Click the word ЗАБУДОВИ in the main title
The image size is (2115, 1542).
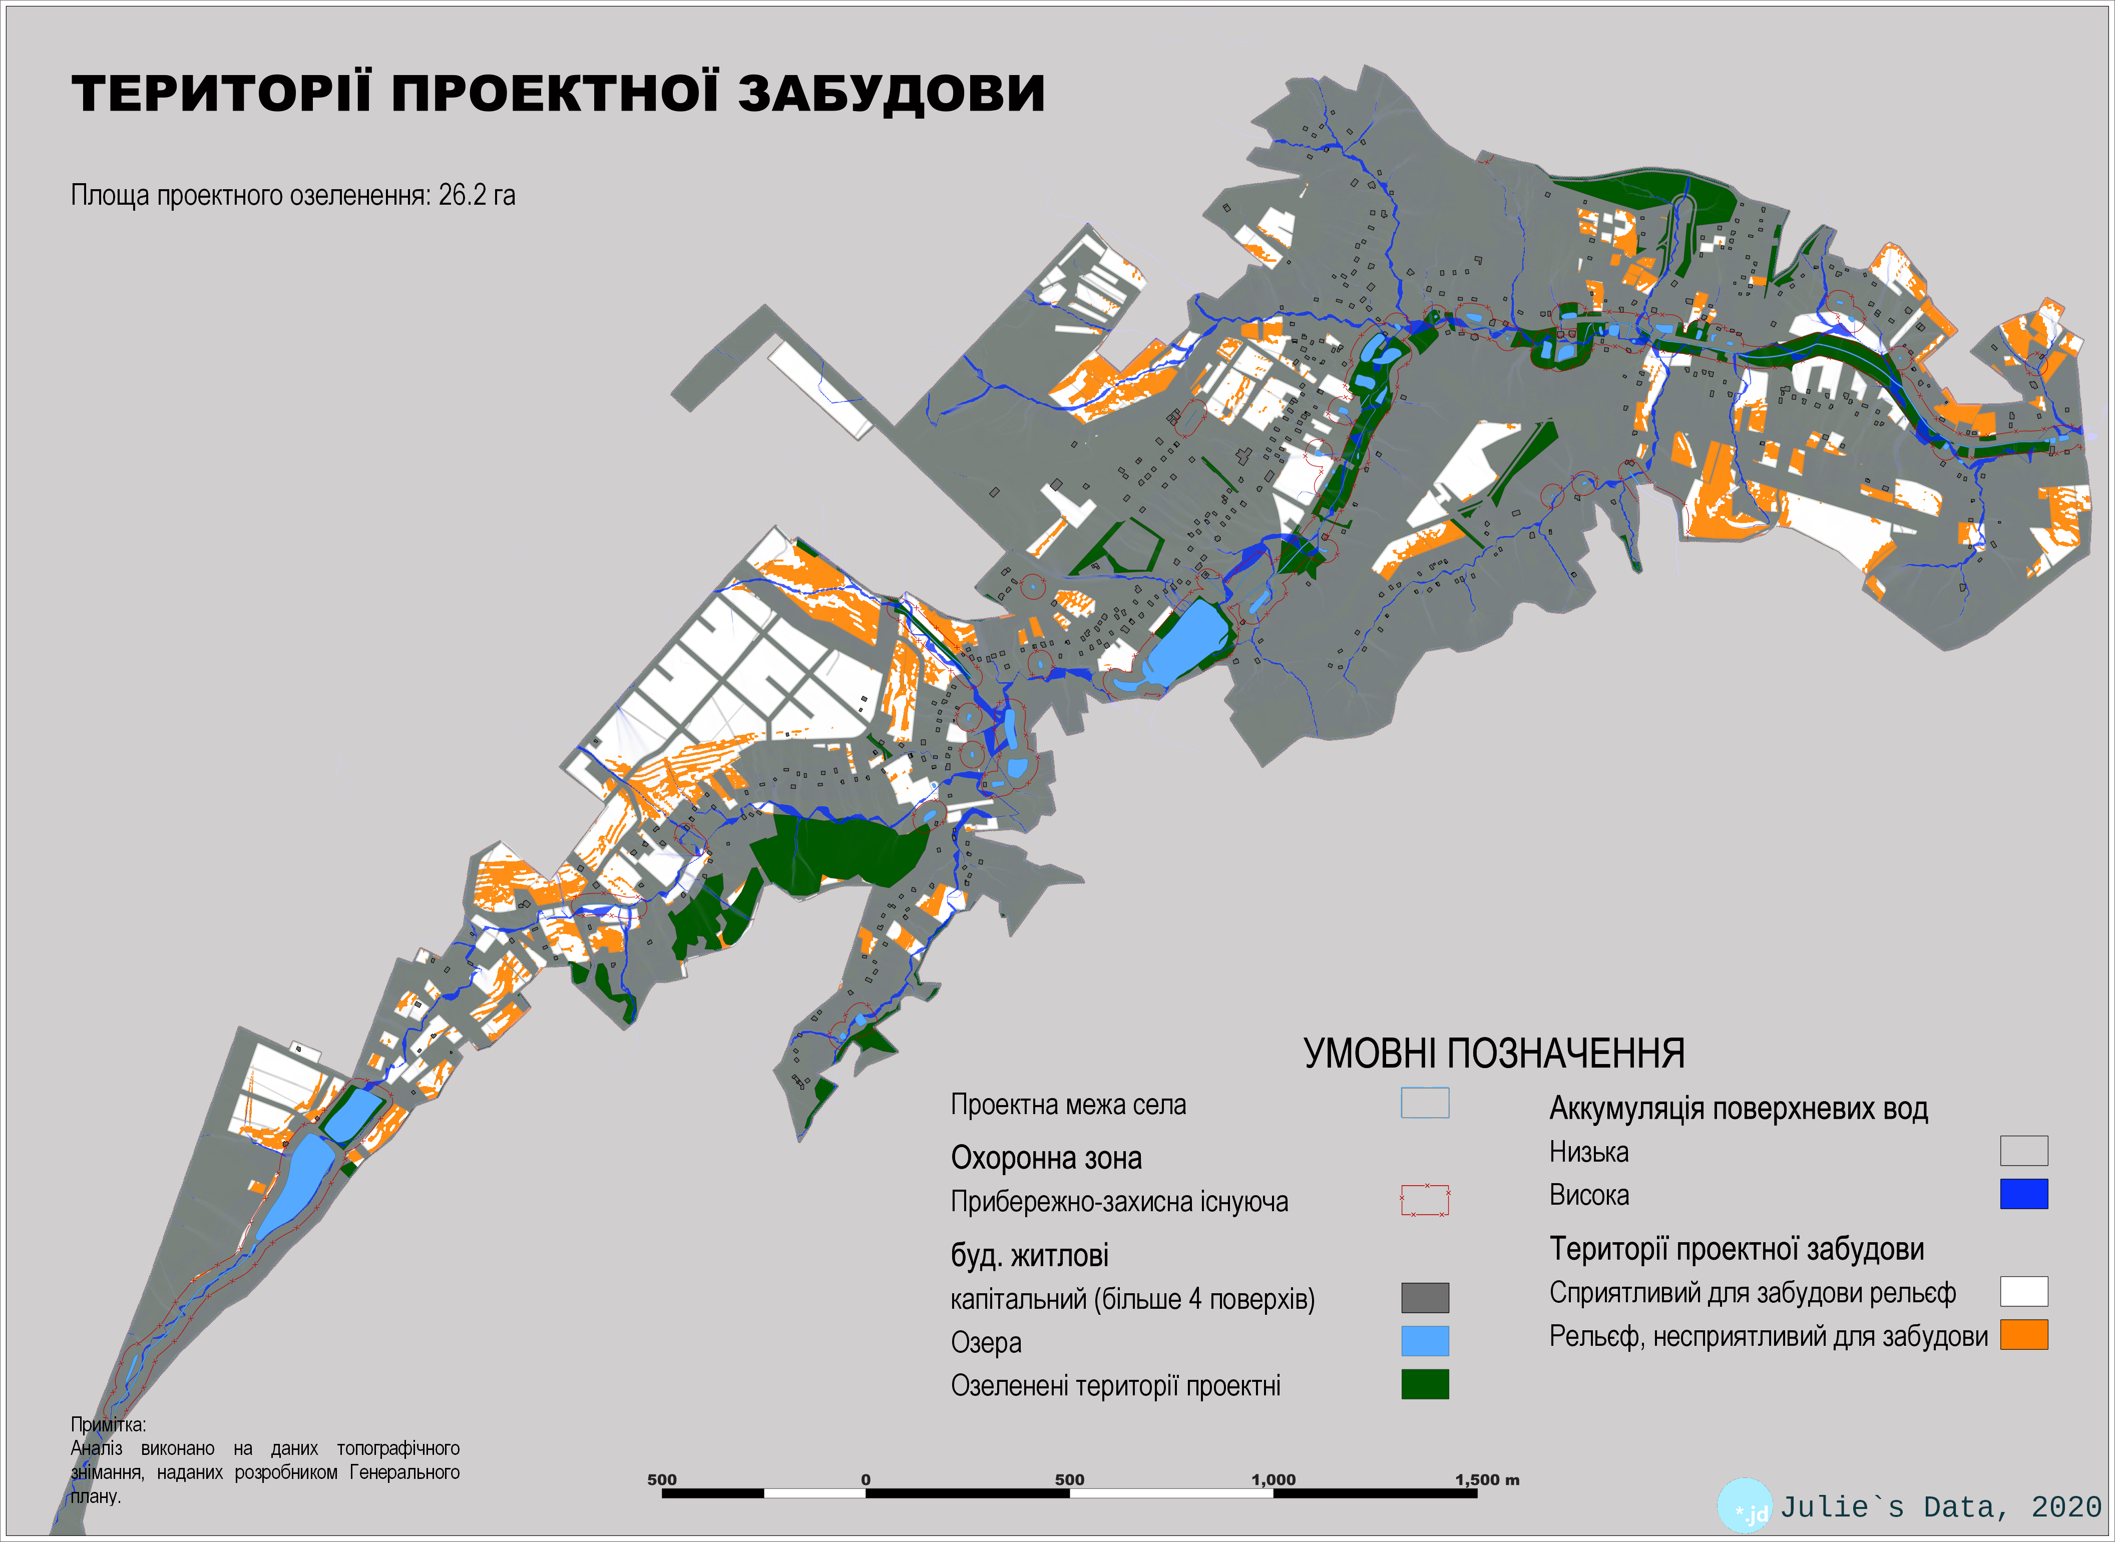[892, 94]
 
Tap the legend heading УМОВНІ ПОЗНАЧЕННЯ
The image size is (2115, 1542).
[1493, 1054]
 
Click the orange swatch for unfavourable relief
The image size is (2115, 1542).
[2023, 1335]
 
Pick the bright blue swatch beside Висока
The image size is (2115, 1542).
[2023, 1194]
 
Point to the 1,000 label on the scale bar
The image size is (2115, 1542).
[1273, 1479]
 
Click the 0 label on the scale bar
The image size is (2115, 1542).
[865, 1479]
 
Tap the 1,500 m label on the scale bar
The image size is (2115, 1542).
[1487, 1479]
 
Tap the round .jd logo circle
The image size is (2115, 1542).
[1745, 1504]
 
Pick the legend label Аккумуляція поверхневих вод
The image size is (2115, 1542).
[1738, 1109]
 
